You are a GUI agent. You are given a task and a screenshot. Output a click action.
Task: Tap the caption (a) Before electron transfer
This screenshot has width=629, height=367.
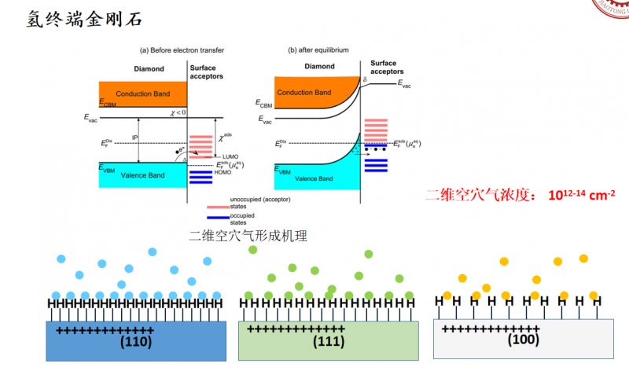[182, 50]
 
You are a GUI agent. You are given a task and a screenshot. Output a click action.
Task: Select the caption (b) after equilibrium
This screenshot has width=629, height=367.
[318, 50]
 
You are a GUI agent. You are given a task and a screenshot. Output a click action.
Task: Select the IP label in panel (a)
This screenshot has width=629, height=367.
[134, 138]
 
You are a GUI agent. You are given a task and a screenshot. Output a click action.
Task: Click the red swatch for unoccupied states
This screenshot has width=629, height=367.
[217, 202]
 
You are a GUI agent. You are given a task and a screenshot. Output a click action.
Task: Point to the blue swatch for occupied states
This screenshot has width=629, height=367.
[217, 216]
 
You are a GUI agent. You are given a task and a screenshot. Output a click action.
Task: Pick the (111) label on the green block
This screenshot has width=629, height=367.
[329, 342]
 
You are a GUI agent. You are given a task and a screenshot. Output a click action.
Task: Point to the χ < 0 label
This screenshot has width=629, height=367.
[177, 113]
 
